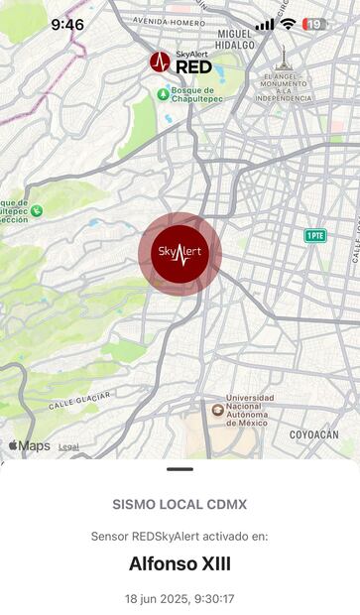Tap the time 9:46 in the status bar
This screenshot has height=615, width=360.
pos(67,24)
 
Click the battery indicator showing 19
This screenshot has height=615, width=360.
pos(314,24)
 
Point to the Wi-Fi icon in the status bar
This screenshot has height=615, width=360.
pos(288,24)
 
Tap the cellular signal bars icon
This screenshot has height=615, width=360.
pos(265,24)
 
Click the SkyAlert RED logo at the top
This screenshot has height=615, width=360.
pos(180,62)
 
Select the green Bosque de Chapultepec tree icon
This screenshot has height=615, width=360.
pos(162,94)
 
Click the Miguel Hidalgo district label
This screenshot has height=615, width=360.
pos(236,38)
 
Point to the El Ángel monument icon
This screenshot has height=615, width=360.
pos(284,58)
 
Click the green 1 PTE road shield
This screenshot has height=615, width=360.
pos(315,235)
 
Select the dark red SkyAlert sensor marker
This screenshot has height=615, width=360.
pos(180,253)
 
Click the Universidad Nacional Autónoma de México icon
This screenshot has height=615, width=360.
pos(218,410)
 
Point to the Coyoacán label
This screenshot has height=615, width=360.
pos(313,434)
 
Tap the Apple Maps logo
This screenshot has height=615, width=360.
pos(29,446)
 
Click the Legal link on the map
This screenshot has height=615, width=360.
pos(68,447)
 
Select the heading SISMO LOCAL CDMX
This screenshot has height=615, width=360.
pos(180,504)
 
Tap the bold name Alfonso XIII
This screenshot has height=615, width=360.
pos(180,563)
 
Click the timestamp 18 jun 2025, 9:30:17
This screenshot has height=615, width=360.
pos(180,599)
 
